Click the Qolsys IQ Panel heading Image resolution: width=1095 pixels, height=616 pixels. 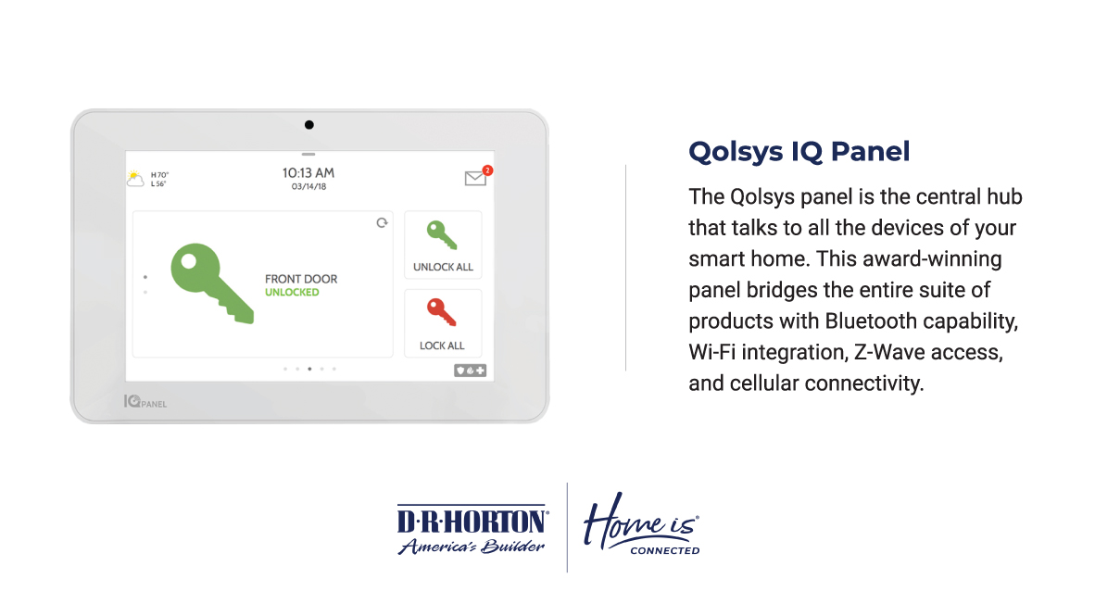(x=799, y=152)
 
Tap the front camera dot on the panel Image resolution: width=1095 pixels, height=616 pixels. (x=309, y=125)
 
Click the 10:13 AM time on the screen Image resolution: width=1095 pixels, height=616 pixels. (x=308, y=172)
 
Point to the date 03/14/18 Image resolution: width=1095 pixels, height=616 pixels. (x=308, y=186)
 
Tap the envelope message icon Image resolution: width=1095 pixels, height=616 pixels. (x=475, y=178)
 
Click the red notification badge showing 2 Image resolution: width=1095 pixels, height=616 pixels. (x=487, y=170)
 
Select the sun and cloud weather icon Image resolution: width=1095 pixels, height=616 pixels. (x=135, y=179)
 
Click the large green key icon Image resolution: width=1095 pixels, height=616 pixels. (x=211, y=283)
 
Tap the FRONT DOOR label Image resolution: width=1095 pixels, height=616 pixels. (x=301, y=279)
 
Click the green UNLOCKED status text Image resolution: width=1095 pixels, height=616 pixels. (x=292, y=293)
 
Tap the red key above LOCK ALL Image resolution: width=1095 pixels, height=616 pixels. (x=441, y=312)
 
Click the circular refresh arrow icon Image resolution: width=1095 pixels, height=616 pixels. (x=382, y=223)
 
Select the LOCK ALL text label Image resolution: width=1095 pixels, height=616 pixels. (x=442, y=346)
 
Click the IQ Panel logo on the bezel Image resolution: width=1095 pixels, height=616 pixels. (x=145, y=402)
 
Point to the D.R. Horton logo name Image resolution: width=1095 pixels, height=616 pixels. (x=472, y=521)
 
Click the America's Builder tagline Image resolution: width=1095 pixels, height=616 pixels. (x=472, y=547)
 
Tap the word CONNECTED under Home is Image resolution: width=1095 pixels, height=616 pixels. (x=665, y=551)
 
